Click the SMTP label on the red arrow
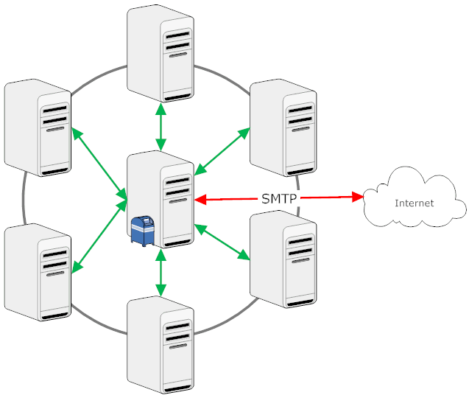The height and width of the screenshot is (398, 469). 279,198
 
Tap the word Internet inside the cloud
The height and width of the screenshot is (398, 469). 415,203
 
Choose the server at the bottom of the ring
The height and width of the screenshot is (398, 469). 161,346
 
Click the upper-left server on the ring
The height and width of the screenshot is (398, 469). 38,127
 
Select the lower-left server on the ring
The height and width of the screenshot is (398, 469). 38,272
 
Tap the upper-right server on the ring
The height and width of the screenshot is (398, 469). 283,129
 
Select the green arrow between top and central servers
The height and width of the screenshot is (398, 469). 161,127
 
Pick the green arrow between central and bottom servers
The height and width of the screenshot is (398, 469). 161,273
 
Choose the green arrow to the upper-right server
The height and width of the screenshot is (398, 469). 222,153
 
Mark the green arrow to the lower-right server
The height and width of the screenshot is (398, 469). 222,242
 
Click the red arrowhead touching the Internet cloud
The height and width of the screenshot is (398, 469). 360,197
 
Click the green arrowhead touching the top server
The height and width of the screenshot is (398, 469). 161,106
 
